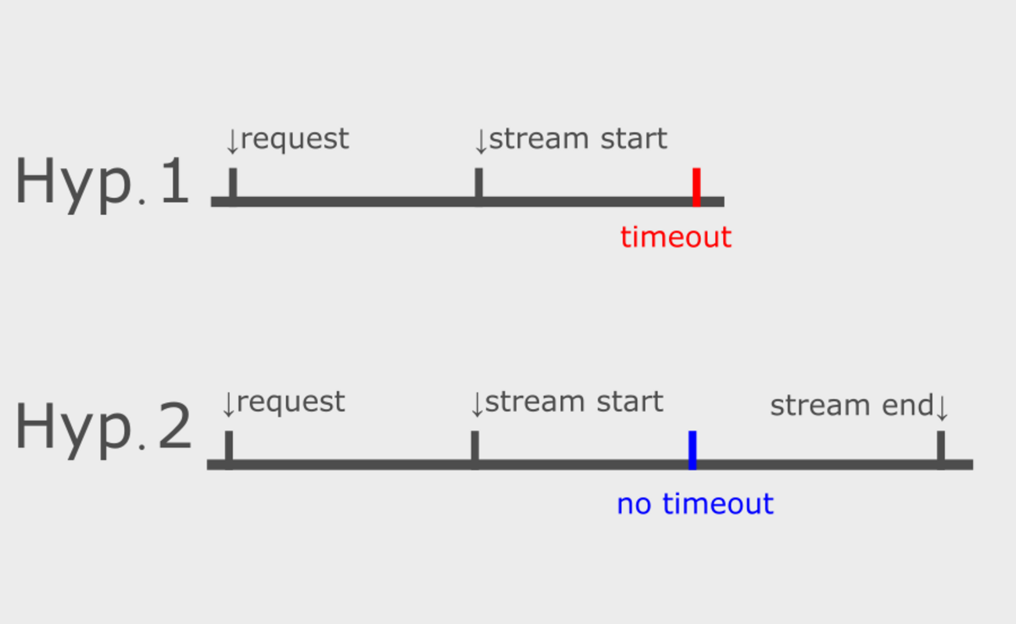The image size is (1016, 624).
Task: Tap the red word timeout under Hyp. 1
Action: [675, 237]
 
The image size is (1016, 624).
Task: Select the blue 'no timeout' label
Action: [695, 504]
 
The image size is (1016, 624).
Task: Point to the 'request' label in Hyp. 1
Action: [295, 139]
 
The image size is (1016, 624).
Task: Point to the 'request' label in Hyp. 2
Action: [291, 402]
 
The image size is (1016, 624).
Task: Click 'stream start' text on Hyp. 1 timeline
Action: [578, 139]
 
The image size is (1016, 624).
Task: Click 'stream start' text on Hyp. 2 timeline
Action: [574, 402]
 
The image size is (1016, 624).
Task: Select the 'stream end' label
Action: [851, 406]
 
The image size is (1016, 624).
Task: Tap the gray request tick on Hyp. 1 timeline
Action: [232, 185]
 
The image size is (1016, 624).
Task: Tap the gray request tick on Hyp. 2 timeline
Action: [228, 447]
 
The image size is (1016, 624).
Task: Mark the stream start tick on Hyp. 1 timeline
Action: [478, 185]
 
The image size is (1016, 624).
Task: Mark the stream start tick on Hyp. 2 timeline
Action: [474, 447]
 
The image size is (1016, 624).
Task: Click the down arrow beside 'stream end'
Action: [941, 407]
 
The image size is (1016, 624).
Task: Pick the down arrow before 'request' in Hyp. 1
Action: [232, 142]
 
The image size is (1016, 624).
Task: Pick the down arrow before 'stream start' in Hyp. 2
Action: [477, 404]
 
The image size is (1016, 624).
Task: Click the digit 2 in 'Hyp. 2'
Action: [174, 429]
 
